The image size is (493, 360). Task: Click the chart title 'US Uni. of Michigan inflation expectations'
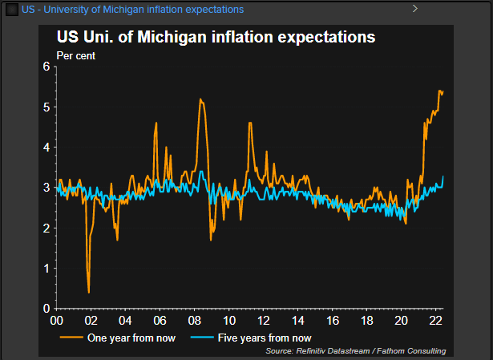(x=215, y=37)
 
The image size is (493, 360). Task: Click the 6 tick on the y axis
(x=46, y=67)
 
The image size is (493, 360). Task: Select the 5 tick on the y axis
(x=46, y=107)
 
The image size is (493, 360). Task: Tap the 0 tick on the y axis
(x=46, y=309)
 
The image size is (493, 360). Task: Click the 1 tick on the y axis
(x=46, y=269)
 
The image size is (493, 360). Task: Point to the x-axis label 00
(x=56, y=320)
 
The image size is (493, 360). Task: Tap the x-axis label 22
(x=437, y=320)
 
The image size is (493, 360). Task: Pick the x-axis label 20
(x=402, y=320)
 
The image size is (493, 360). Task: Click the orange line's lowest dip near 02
(x=88, y=292)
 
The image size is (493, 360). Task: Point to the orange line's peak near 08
(x=200, y=99)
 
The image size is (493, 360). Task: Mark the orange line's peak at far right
(x=439, y=91)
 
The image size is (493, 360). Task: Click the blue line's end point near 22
(x=443, y=177)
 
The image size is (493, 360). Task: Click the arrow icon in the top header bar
(x=415, y=8)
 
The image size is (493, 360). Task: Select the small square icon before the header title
(x=12, y=9)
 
